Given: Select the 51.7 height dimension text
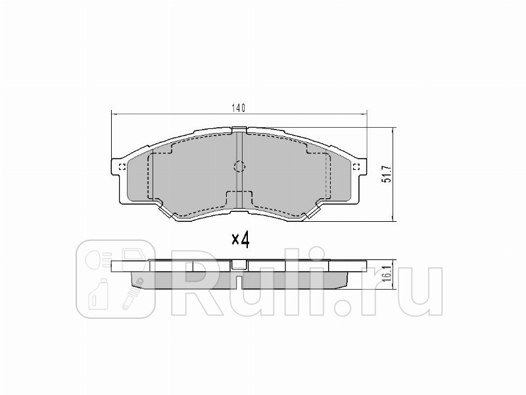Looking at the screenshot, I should (387, 174).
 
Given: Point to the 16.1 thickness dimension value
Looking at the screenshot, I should (387, 271).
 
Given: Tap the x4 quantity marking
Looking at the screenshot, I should (241, 240).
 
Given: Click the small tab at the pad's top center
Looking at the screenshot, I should (239, 130).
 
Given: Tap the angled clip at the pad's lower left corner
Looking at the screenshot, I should (164, 210).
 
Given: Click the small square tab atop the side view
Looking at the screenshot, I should (239, 264).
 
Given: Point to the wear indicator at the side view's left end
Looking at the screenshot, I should (140, 282).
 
